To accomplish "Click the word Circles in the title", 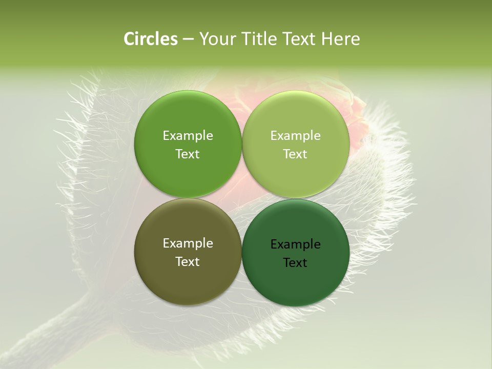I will [x=150, y=39].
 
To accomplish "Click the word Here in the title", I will [x=341, y=39].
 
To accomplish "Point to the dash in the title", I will [x=188, y=39].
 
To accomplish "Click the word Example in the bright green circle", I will [x=188, y=136].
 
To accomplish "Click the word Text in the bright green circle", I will [x=188, y=154].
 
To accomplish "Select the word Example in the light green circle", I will [x=296, y=136].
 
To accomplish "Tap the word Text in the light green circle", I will [x=296, y=154].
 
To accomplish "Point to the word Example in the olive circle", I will [x=188, y=243].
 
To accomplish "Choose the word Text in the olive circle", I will [x=188, y=262].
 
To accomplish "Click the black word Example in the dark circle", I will [x=296, y=244].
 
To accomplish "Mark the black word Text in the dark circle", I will [x=296, y=263].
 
